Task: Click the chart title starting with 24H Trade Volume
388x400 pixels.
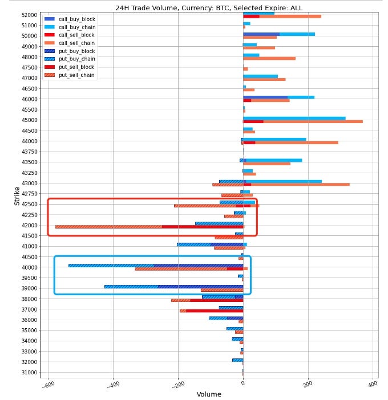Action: (209, 8)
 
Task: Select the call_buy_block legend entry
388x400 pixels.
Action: (77, 19)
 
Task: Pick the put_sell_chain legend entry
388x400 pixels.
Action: (77, 75)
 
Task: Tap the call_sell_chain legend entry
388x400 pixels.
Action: (77, 43)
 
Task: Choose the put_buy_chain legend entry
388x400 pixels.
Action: (77, 59)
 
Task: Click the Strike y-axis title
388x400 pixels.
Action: (17, 197)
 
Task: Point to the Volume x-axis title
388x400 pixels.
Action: (209, 394)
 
